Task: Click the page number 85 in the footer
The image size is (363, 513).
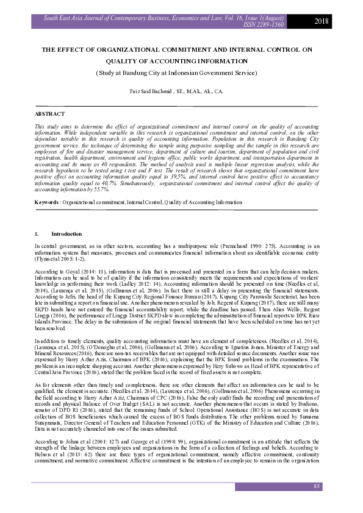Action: click(317, 486)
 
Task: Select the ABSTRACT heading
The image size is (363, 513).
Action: click(50, 114)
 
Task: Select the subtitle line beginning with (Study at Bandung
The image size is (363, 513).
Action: click(177, 73)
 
